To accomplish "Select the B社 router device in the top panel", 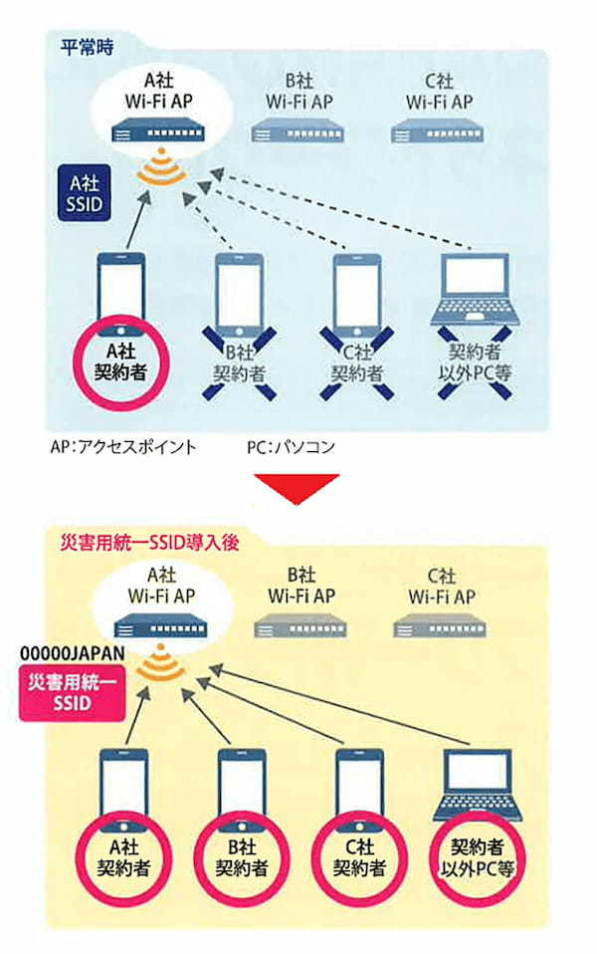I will tap(298, 128).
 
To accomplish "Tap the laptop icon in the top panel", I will tap(477, 292).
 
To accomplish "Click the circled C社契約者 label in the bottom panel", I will tap(358, 855).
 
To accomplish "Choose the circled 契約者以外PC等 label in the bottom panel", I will tap(478, 855).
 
